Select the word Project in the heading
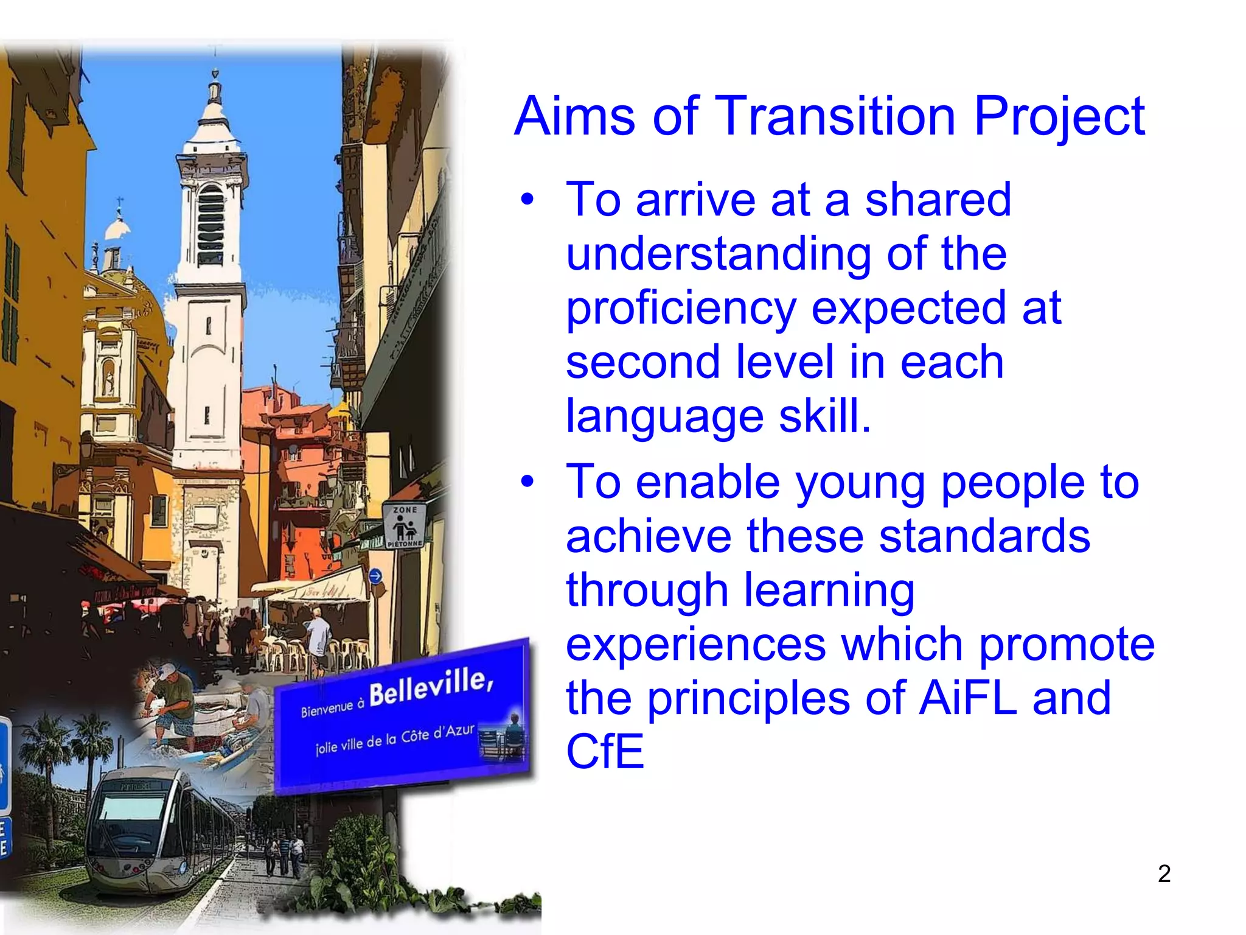click(1059, 117)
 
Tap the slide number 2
click(1164, 874)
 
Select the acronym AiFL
click(968, 698)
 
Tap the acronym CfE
click(605, 752)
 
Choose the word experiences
click(696, 644)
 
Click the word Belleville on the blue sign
click(430, 687)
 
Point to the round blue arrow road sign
click(375, 576)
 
